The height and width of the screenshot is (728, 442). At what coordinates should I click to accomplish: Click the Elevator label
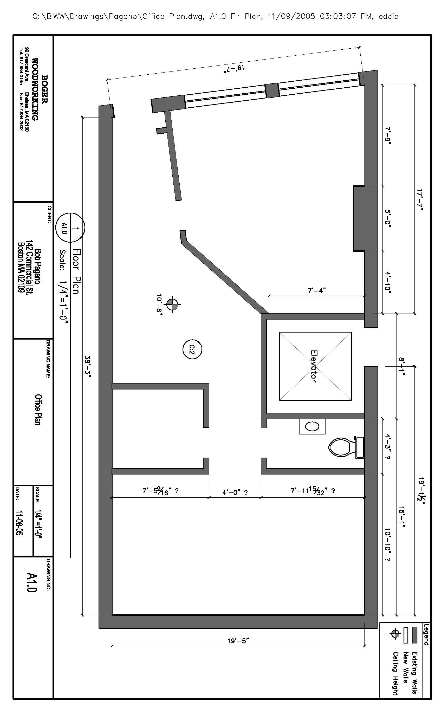(314, 366)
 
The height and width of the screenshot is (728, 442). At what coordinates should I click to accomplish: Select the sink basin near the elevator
(312, 426)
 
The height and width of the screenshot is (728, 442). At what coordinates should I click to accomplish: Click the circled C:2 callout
(192, 349)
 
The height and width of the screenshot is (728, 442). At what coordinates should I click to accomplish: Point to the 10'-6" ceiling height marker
(173, 304)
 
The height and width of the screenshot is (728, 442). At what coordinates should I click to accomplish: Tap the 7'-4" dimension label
(316, 290)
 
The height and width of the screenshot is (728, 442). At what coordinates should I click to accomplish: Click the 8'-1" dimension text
(402, 366)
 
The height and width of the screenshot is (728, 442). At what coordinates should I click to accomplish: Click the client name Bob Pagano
(38, 266)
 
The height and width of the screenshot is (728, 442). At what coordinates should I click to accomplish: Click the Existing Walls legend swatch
(414, 635)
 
